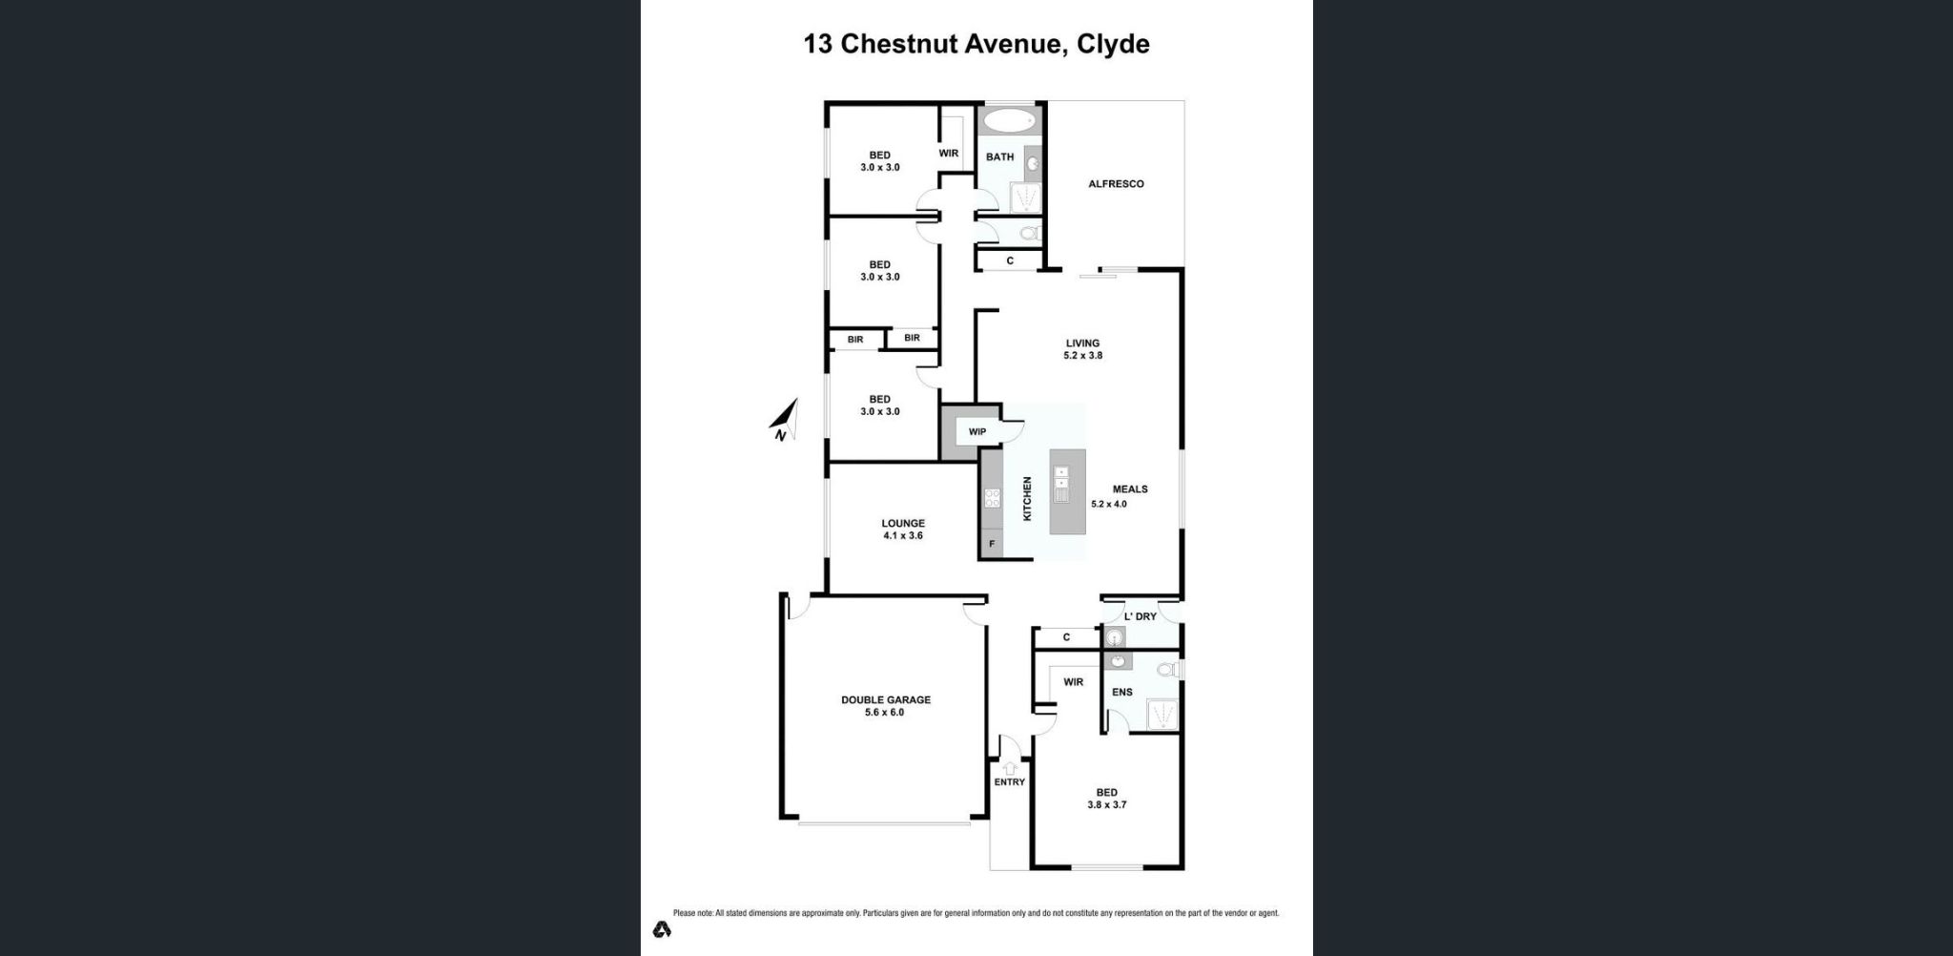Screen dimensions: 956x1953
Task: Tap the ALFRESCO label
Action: click(x=1116, y=184)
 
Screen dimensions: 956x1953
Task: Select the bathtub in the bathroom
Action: click(x=1008, y=121)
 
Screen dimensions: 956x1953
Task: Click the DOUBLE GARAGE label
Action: click(x=885, y=699)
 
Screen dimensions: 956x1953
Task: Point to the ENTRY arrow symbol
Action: click(x=1009, y=768)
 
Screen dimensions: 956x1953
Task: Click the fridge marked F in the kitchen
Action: click(x=992, y=544)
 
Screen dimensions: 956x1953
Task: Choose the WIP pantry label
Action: click(x=976, y=432)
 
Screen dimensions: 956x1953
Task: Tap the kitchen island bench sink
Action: click(x=1060, y=485)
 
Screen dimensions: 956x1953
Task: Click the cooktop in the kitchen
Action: click(x=992, y=497)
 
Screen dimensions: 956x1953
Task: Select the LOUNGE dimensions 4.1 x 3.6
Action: click(x=902, y=536)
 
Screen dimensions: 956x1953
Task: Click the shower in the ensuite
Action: click(x=1162, y=714)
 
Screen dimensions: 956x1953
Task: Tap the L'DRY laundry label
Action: click(x=1140, y=616)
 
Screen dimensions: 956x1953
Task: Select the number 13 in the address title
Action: click(x=817, y=44)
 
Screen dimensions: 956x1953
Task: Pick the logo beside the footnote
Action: click(x=661, y=928)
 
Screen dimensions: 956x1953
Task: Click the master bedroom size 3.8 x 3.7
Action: click(x=1106, y=805)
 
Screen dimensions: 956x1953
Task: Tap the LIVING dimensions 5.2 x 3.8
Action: click(x=1082, y=356)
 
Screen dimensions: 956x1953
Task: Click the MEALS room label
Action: click(x=1130, y=489)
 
